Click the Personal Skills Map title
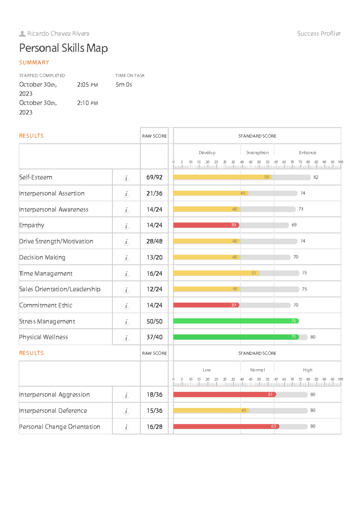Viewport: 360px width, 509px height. click(x=63, y=48)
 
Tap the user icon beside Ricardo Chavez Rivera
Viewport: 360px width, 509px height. click(x=22, y=34)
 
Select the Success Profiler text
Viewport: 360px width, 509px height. click(x=319, y=34)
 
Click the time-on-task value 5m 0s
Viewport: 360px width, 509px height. click(x=124, y=85)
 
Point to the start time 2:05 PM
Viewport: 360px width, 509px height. click(x=87, y=85)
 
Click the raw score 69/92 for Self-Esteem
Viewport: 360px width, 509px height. click(x=154, y=177)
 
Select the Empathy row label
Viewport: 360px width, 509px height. click(x=31, y=225)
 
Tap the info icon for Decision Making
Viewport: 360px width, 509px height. click(x=126, y=257)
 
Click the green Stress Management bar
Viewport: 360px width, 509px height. click(x=236, y=321)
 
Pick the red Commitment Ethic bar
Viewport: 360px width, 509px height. click(x=206, y=305)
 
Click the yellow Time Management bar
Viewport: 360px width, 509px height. click(x=216, y=273)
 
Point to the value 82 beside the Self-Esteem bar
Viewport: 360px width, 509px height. click(x=316, y=177)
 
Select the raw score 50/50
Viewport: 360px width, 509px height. click(x=154, y=321)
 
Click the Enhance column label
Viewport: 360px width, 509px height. click(x=307, y=153)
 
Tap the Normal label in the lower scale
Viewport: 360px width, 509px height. click(x=257, y=370)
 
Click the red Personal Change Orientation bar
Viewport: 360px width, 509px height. click(x=226, y=426)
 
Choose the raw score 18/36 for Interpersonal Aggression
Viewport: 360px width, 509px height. click(x=154, y=395)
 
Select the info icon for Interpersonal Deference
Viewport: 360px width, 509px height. click(x=126, y=411)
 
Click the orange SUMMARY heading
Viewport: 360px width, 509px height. click(x=34, y=63)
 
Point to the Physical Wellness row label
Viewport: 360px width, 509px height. click(x=43, y=337)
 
